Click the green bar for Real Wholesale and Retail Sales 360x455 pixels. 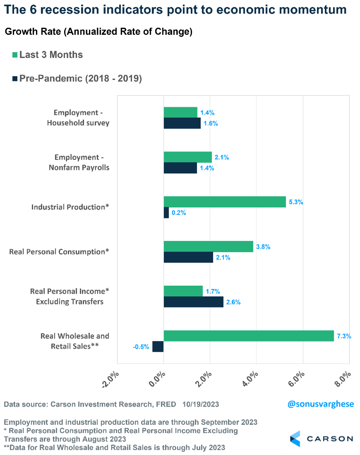(x=248, y=335)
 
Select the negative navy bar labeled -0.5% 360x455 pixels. (x=158, y=347)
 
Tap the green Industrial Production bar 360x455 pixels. (x=225, y=201)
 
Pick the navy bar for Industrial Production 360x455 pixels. (x=166, y=213)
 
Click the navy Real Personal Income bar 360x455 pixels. (x=193, y=302)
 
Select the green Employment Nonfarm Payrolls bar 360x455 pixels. (x=187, y=157)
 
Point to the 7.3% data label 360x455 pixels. (x=344, y=336)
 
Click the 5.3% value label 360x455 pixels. (x=296, y=202)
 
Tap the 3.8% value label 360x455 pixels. (x=263, y=247)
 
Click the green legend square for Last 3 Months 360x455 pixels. (x=15, y=55)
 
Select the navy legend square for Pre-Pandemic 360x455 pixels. (x=15, y=78)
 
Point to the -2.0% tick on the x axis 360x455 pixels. (x=110, y=379)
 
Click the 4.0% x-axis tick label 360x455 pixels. (x=250, y=379)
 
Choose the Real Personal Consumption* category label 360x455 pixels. (x=59, y=251)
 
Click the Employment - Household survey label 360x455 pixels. (x=78, y=117)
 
